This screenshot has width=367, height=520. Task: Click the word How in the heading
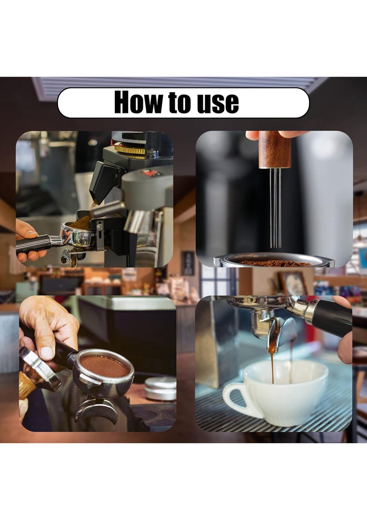[x=138, y=102]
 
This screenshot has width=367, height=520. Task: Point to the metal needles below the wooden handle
[x=275, y=208]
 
